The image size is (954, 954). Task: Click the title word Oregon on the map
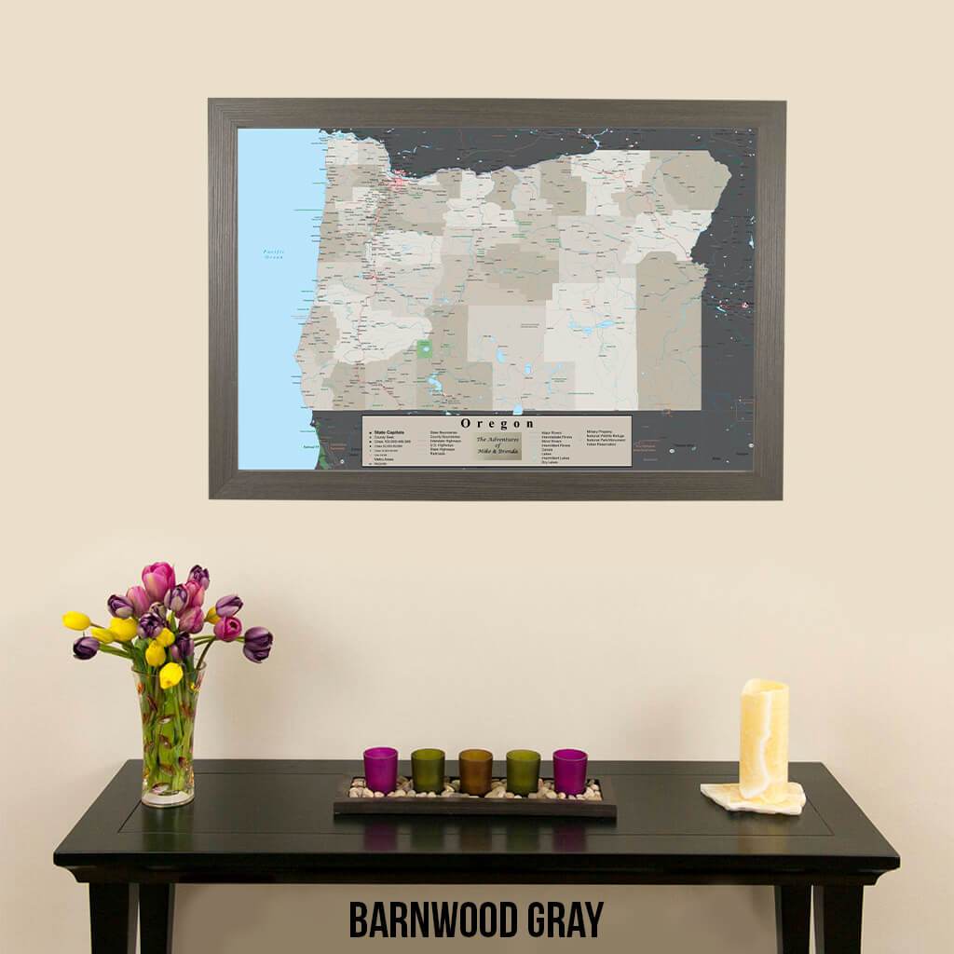(497, 424)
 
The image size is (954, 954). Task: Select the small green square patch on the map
(425, 350)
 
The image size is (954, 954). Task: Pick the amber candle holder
(475, 771)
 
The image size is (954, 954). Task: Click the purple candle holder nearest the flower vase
(380, 770)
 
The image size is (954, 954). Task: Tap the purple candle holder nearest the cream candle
(569, 770)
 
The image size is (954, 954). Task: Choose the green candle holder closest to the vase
(428, 770)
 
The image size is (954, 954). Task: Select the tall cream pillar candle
(764, 739)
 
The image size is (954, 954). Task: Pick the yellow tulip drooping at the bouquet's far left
(76, 620)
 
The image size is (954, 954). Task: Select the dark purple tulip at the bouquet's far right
(257, 643)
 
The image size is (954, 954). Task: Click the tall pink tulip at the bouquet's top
(157, 579)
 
